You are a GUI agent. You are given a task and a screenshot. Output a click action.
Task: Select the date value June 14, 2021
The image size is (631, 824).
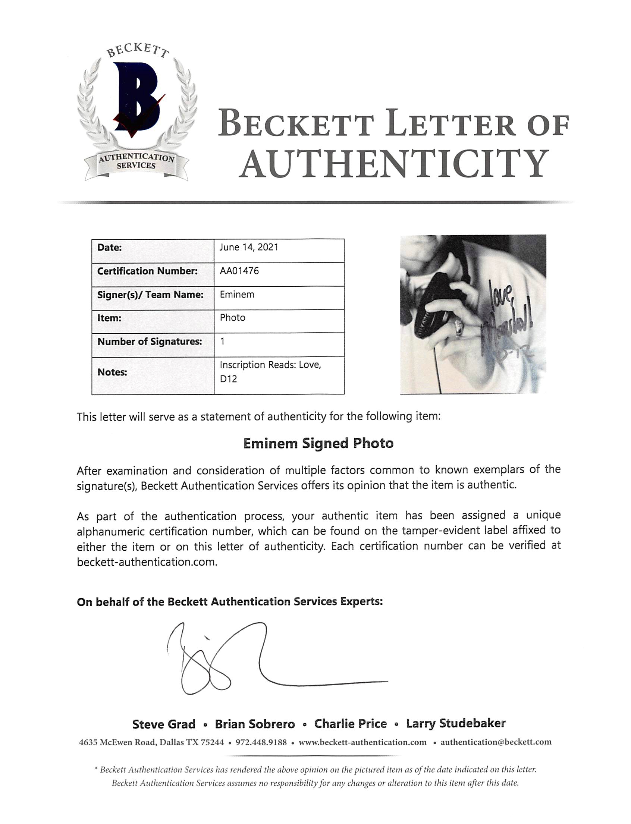click(249, 248)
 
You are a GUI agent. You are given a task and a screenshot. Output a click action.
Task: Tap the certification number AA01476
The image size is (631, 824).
click(239, 271)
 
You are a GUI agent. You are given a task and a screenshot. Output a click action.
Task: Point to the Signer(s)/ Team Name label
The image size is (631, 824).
click(150, 295)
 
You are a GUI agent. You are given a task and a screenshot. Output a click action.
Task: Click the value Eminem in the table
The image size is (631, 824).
click(237, 295)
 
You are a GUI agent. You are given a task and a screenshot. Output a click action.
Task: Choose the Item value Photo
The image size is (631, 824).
click(232, 318)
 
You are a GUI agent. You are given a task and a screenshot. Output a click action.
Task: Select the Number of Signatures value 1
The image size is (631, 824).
click(223, 342)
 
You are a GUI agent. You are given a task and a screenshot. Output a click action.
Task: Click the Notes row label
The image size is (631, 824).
click(112, 372)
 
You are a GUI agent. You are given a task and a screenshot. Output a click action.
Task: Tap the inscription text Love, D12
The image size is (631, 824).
click(270, 372)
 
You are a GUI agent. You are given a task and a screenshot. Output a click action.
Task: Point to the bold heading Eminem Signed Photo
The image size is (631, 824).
click(318, 444)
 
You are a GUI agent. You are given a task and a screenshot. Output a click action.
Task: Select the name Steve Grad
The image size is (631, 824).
click(164, 724)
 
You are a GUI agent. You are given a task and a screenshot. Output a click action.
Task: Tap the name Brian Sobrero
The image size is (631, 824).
click(255, 724)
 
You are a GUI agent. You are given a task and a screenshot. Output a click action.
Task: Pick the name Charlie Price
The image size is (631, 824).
click(351, 724)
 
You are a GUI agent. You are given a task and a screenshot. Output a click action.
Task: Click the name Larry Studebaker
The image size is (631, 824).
click(456, 723)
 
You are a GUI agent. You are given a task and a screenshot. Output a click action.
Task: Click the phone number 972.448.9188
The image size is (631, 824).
click(261, 742)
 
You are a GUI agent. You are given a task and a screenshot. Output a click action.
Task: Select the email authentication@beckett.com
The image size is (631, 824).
click(496, 742)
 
